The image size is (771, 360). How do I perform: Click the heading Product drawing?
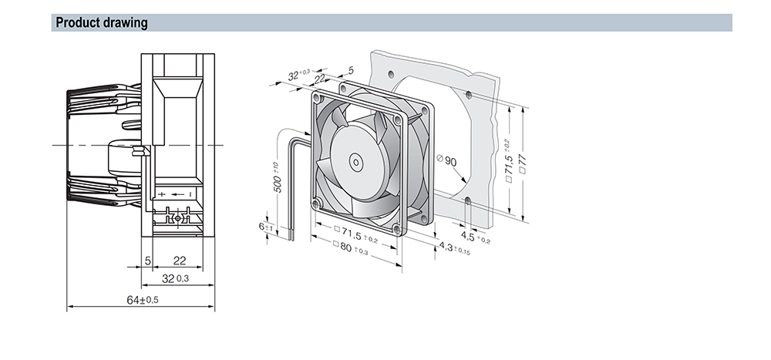point(101,22)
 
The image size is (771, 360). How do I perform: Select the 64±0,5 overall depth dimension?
point(143,300)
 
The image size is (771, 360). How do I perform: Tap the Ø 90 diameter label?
point(446,160)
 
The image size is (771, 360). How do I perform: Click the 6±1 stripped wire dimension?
point(265,227)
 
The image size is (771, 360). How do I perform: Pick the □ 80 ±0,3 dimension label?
point(350,248)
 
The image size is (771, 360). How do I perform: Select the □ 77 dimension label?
point(523,163)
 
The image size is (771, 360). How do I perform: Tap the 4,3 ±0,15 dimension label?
point(454,248)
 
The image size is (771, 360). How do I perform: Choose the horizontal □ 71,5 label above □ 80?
point(355,234)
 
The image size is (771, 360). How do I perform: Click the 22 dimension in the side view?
point(180,261)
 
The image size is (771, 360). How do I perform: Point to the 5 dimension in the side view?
point(148,261)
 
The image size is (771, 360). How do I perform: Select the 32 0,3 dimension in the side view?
point(175,278)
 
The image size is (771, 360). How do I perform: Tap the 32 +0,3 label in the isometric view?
point(298,76)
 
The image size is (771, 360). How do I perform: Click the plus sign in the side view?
point(162,195)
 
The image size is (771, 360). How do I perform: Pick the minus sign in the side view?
point(190,195)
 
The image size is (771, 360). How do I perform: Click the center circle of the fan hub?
point(355,163)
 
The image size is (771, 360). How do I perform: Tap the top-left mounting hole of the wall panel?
point(391,75)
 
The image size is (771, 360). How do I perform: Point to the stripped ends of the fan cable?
point(291,237)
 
